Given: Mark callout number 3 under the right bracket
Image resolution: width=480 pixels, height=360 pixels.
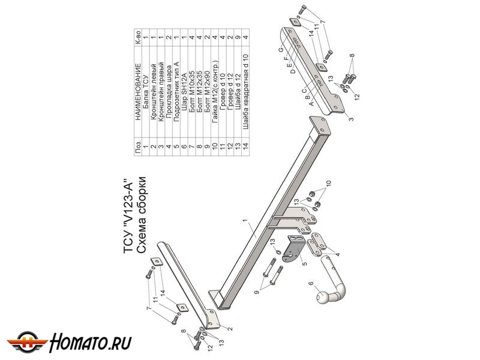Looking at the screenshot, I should [x=351, y=119].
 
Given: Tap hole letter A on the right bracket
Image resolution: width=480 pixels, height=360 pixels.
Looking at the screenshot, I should [x=311, y=103].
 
